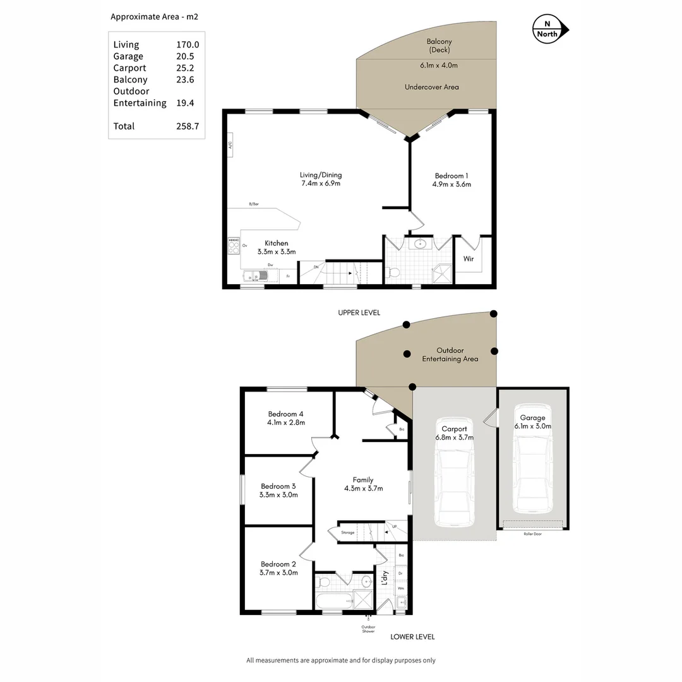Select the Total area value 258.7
(x=188, y=126)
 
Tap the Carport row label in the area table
(x=129, y=68)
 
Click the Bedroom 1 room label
(x=452, y=176)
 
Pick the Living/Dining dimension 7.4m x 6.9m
(x=321, y=184)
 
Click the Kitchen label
(x=276, y=243)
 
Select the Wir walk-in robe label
(x=469, y=259)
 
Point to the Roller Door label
(x=533, y=534)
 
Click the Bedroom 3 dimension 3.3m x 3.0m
(x=278, y=495)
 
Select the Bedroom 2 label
(x=278, y=565)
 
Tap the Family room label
(x=363, y=480)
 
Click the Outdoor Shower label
(x=368, y=629)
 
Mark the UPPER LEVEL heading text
(x=359, y=313)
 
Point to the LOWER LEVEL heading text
(x=412, y=637)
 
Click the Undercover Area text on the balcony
(x=432, y=87)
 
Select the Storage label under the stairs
(x=348, y=533)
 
